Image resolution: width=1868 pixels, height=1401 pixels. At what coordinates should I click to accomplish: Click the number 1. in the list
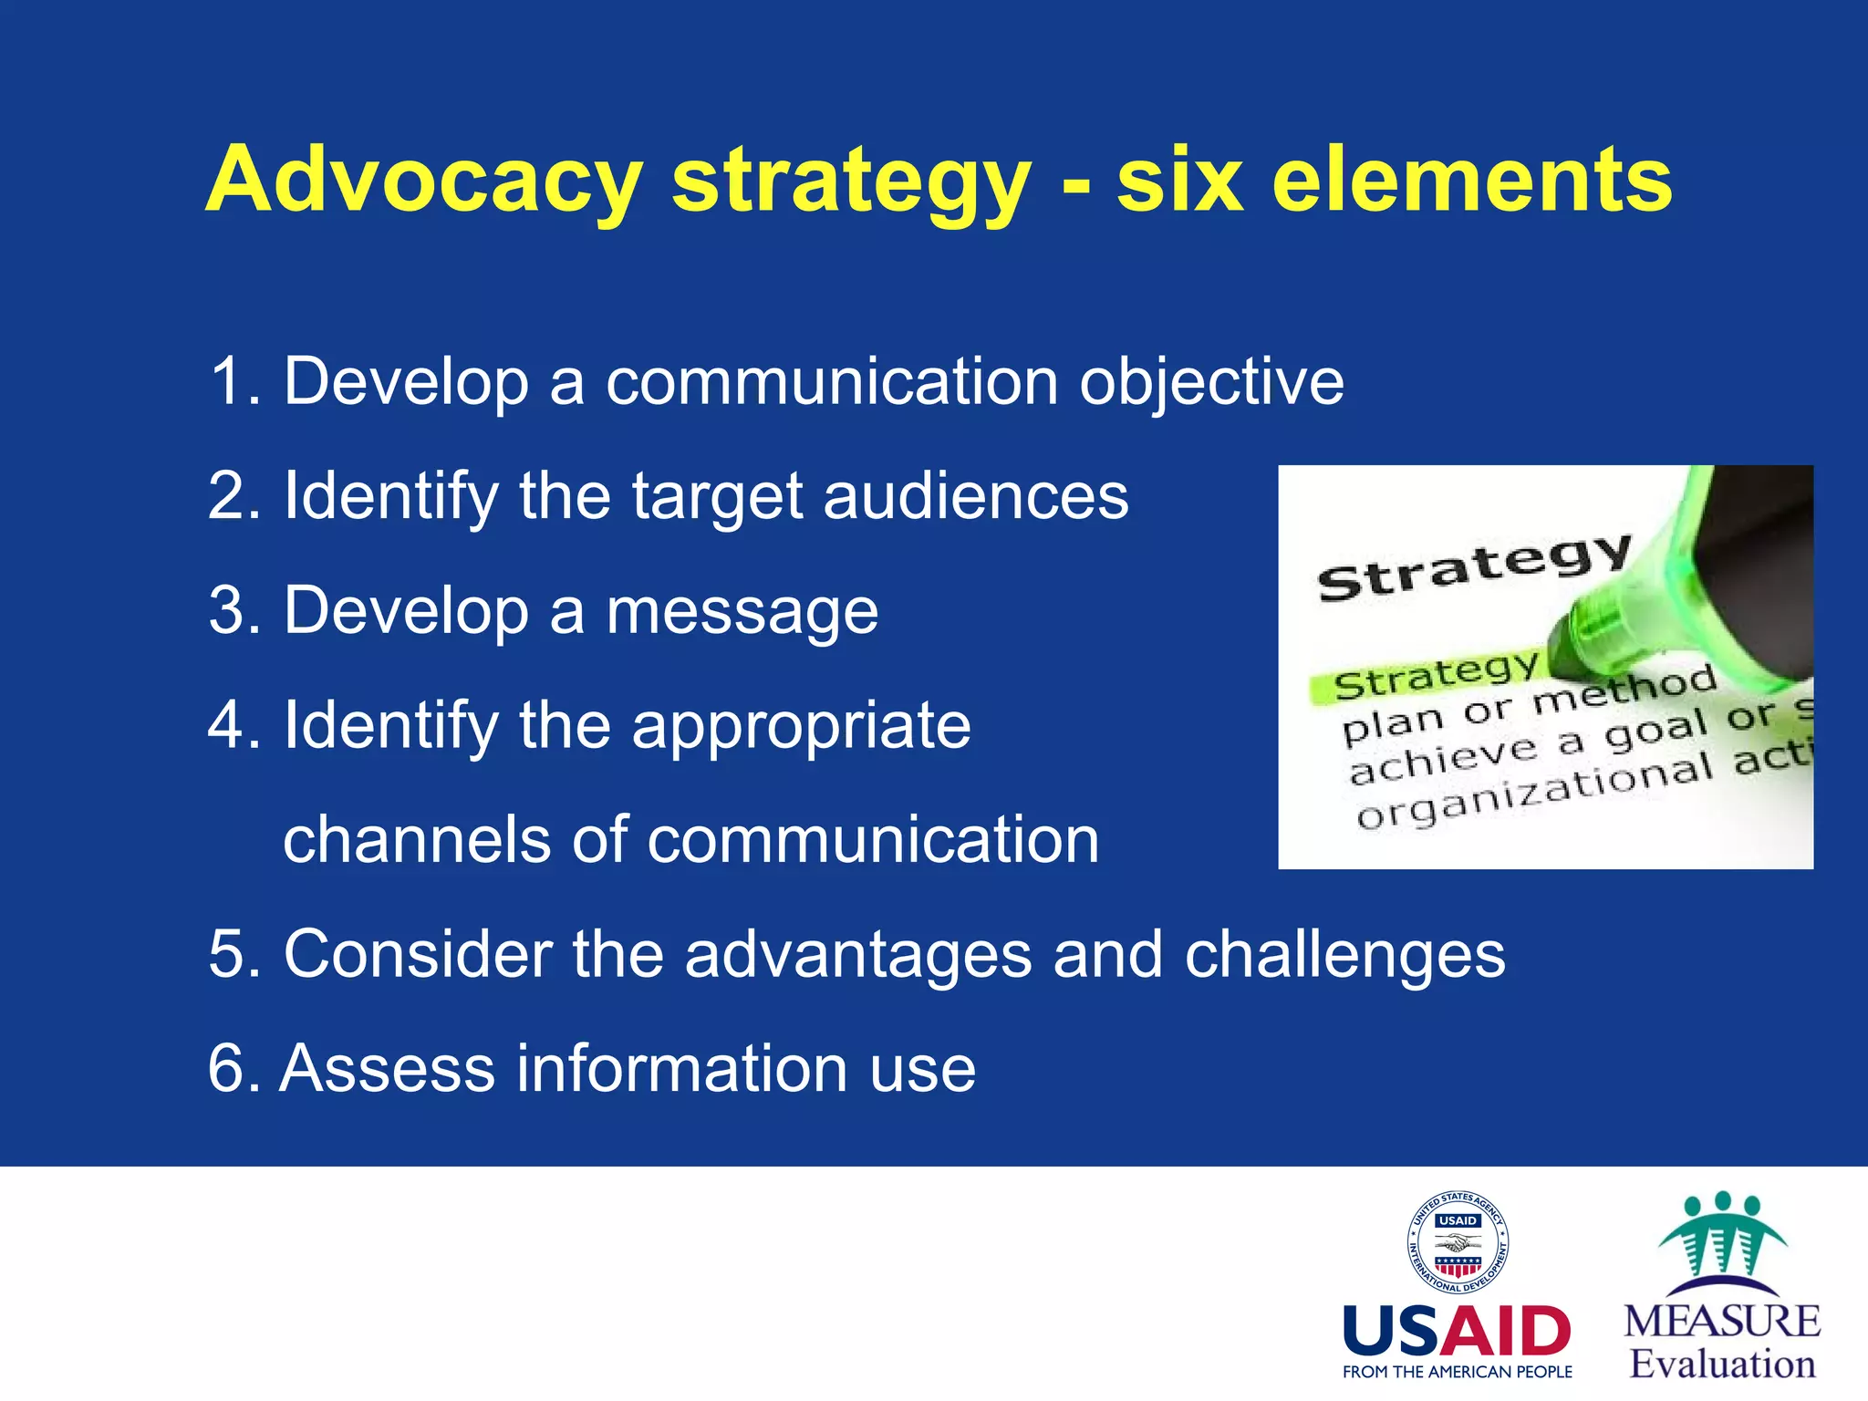click(235, 381)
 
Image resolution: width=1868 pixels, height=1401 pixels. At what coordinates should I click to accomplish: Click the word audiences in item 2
click(975, 497)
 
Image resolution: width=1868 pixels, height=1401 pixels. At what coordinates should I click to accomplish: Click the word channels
click(416, 840)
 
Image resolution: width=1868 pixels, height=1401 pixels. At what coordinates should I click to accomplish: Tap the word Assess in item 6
click(387, 1068)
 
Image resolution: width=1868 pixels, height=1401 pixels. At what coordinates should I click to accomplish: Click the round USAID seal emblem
click(1457, 1242)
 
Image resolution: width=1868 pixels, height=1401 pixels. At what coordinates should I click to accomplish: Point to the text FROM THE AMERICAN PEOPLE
click(1457, 1372)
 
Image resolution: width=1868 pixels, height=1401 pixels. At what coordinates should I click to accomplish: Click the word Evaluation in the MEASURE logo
click(1722, 1365)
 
